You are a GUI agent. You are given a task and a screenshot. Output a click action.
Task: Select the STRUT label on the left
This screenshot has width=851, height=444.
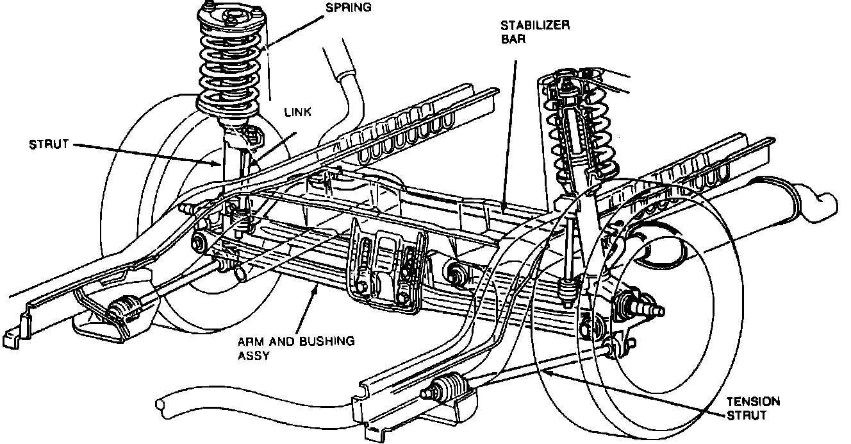(49, 144)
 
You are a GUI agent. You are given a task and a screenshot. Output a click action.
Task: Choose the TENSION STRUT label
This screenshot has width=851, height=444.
(753, 408)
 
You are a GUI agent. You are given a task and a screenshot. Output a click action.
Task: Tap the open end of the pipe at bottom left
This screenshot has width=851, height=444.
(161, 405)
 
